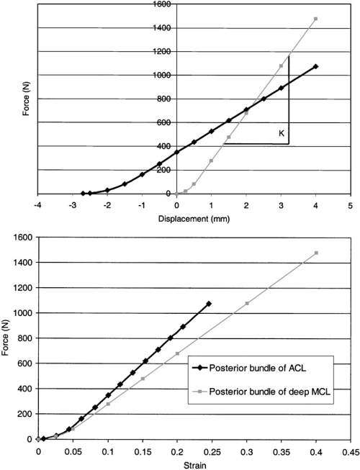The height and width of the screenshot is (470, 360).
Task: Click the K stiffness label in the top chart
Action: pyautogui.click(x=282, y=133)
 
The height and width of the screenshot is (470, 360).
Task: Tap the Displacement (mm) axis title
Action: pyautogui.click(x=194, y=219)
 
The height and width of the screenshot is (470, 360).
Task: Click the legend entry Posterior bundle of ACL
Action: pyautogui.click(x=258, y=368)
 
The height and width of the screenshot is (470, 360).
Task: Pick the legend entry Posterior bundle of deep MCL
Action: pyautogui.click(x=269, y=392)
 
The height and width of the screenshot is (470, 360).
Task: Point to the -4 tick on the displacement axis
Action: pyautogui.click(x=37, y=206)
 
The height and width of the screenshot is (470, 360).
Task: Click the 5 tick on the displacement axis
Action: pyautogui.click(x=351, y=206)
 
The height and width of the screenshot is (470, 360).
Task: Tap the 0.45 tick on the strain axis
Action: pyautogui.click(x=351, y=451)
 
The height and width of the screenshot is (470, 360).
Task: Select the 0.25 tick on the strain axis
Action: pyautogui.click(x=212, y=451)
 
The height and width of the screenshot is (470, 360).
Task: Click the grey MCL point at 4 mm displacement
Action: pyautogui.click(x=315, y=19)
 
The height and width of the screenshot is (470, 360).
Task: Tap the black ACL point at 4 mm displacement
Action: pyautogui.click(x=315, y=66)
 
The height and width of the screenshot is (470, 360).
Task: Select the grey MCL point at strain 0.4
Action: pyautogui.click(x=316, y=253)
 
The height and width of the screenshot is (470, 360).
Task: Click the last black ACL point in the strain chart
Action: pyautogui.click(x=209, y=304)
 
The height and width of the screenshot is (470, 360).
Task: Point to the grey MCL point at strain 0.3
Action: pyautogui.click(x=247, y=303)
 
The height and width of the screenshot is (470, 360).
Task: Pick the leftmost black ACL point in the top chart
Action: pyautogui.click(x=83, y=194)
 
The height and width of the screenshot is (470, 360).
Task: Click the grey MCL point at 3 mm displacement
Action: pyautogui.click(x=281, y=66)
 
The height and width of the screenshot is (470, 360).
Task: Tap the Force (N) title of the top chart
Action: pyautogui.click(x=27, y=100)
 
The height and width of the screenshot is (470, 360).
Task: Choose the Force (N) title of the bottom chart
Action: pyautogui.click(x=6, y=338)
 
